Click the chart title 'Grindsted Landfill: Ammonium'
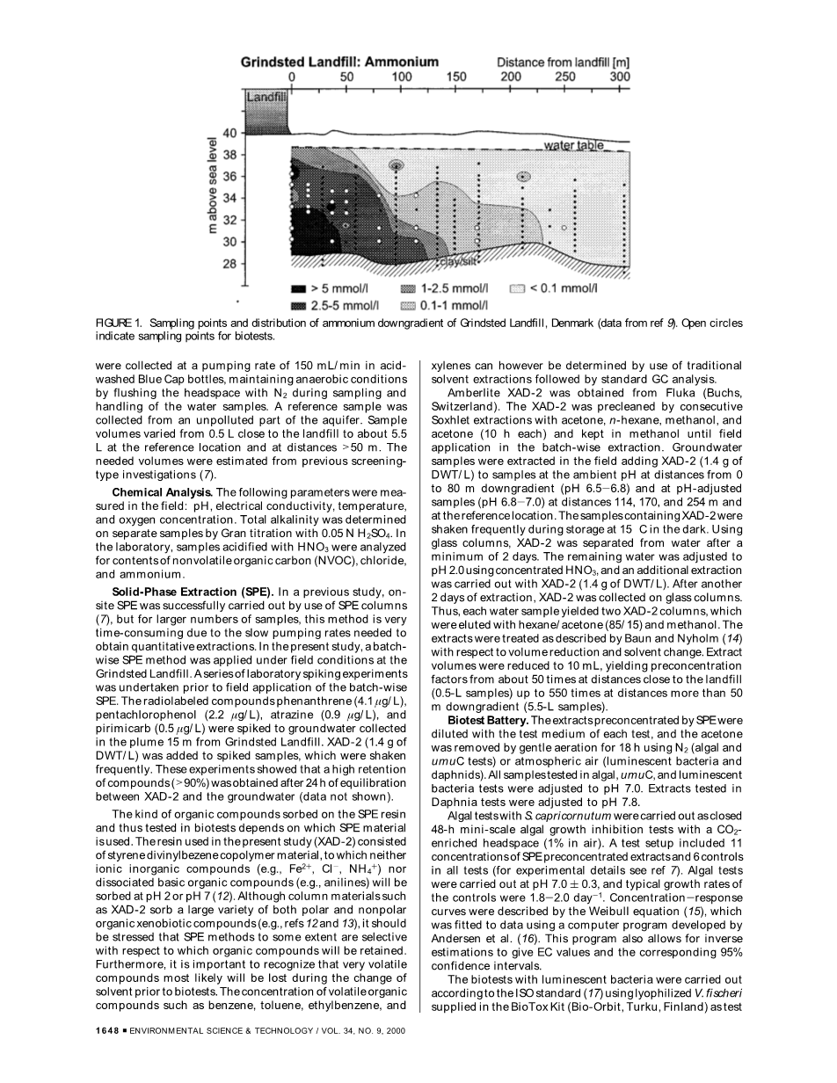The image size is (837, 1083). coord(339,62)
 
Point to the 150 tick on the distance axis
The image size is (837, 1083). coord(456,76)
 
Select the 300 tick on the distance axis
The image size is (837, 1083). coord(620,76)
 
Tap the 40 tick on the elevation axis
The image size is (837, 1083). coord(229,133)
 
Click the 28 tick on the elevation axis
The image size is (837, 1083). coord(229,263)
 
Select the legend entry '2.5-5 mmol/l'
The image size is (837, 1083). coord(343,305)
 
